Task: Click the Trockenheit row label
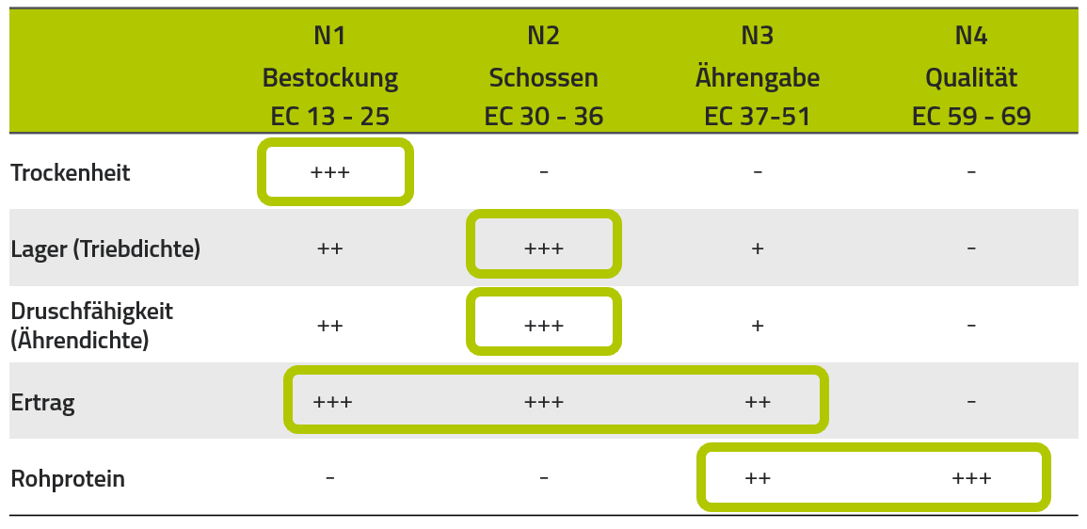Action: click(x=71, y=172)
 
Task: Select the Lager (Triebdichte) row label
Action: click(x=105, y=248)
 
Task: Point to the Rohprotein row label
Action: click(x=68, y=479)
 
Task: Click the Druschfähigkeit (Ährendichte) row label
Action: click(x=92, y=326)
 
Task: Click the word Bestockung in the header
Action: click(x=330, y=77)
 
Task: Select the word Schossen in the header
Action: click(x=544, y=77)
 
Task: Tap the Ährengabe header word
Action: click(x=757, y=77)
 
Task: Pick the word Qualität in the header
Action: click(x=971, y=77)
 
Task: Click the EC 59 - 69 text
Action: click(x=971, y=117)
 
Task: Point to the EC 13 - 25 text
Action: click(x=330, y=117)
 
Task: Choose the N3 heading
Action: click(x=757, y=36)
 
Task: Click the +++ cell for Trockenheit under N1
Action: click(x=330, y=172)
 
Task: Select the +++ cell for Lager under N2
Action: click(x=544, y=248)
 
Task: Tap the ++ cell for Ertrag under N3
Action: click(x=757, y=401)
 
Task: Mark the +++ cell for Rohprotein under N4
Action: click(x=971, y=477)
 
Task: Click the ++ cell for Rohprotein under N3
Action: click(x=757, y=477)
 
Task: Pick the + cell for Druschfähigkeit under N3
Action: click(x=757, y=325)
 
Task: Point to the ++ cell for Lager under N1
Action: click(x=330, y=248)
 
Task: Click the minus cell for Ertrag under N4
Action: click(x=971, y=401)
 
